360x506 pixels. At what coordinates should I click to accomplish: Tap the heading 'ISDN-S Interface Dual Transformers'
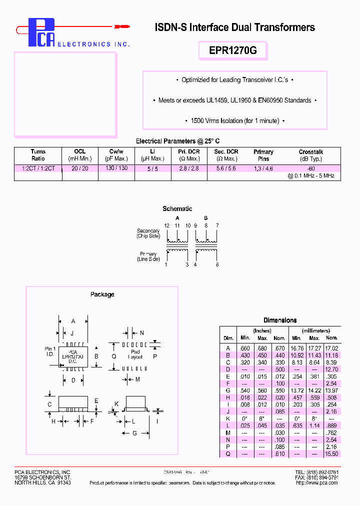pos(235,27)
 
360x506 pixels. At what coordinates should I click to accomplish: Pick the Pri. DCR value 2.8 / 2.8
pos(189,168)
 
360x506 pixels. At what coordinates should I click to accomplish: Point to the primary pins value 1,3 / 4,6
pos(263,168)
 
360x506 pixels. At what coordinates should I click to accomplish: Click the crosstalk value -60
pos(311,168)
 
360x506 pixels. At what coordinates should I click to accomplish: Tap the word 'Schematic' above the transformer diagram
pos(177,209)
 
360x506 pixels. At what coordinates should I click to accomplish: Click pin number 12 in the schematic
pos(166,226)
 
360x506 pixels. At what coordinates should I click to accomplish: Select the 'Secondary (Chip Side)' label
pos(148,233)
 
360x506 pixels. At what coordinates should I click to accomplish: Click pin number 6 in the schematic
pos(217,264)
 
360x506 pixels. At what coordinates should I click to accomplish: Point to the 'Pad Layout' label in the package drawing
pos(135,354)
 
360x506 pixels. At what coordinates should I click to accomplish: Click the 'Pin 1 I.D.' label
pos(50,351)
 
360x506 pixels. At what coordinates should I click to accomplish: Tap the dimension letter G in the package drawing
pos(134,433)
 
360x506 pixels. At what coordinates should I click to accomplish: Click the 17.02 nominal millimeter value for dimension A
pos(331,348)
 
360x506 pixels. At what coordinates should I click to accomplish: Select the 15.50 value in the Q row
pos(331,454)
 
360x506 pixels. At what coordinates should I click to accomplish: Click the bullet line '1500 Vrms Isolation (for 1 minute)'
pos(235,121)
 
